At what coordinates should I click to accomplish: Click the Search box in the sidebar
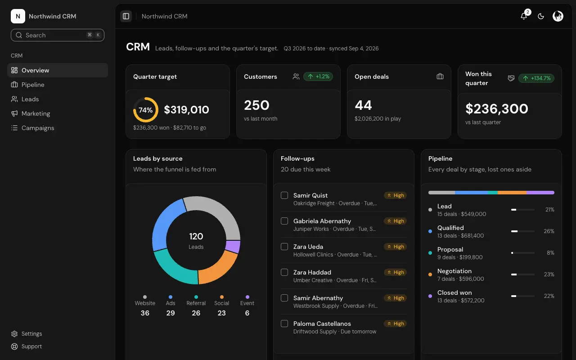pos(57,35)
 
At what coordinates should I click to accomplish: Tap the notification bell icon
pos(523,16)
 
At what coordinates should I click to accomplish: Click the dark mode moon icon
pos(541,16)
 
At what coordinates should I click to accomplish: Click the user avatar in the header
pos(558,16)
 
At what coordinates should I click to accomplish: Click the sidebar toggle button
pos(126,16)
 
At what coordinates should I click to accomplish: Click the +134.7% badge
pos(536,78)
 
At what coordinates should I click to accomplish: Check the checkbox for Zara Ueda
pos(284,247)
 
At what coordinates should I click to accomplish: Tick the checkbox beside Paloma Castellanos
pos(284,324)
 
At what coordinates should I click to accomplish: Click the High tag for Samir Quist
pos(395,195)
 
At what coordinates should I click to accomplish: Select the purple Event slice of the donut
pos(233,246)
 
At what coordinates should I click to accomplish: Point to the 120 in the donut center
pos(196,236)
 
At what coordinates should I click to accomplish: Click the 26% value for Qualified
pos(549,231)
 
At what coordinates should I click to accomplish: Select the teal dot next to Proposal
pos(430,253)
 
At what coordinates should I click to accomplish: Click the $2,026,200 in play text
pos(378,118)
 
